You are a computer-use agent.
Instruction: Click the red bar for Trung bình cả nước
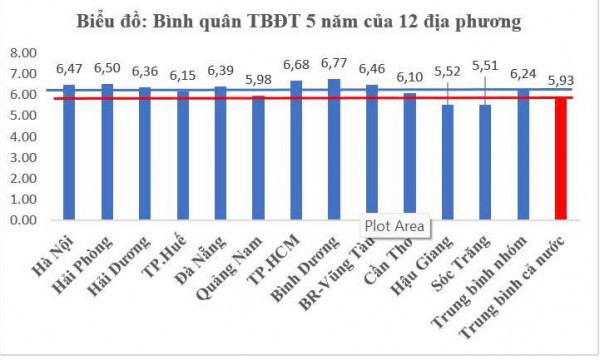point(561,160)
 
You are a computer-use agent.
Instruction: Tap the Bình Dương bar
point(333,149)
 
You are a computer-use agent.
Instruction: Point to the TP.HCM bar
point(296,150)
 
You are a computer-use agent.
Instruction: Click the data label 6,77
point(333,68)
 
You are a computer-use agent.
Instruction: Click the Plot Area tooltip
point(395,226)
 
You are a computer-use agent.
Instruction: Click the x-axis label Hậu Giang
point(424,262)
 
